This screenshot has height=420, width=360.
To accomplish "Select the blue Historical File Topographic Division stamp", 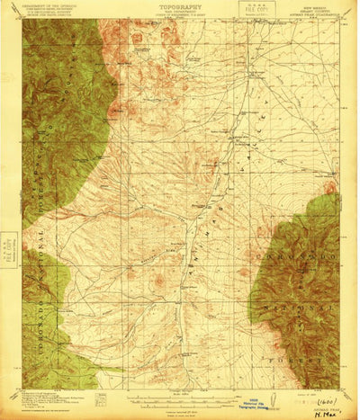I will pos(285,407).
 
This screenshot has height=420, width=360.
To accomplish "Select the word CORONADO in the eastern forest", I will pos(285,234).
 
